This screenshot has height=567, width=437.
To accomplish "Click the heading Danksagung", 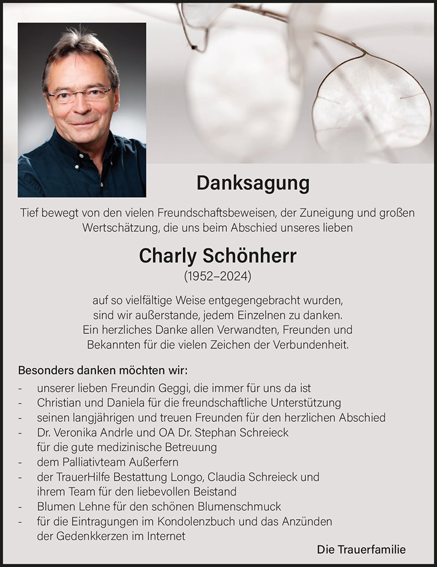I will pos(253,183).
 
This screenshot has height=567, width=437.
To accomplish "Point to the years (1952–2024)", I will pos(218,277).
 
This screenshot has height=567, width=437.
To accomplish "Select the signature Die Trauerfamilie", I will pos(362,549).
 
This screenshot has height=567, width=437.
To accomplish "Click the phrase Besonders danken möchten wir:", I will pos(103,371).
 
